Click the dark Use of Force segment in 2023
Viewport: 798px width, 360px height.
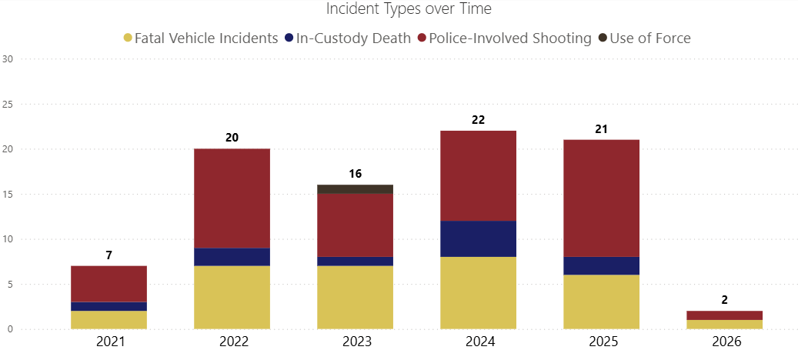click(x=355, y=189)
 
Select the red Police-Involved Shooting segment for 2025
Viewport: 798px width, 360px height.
click(x=601, y=198)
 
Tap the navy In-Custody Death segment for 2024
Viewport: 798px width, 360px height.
click(x=478, y=238)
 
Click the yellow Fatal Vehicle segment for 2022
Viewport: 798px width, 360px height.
click(x=232, y=298)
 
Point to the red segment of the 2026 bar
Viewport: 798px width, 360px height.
click(x=724, y=315)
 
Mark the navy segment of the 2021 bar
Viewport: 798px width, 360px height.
click(x=109, y=306)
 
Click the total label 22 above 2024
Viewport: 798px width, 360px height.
click(x=478, y=120)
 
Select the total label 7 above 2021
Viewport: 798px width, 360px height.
click(x=109, y=255)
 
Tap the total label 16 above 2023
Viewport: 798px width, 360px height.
click(x=355, y=174)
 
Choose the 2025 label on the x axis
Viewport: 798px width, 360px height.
click(x=601, y=342)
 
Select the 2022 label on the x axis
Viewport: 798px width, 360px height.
click(x=232, y=342)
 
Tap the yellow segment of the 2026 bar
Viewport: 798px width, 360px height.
click(x=724, y=325)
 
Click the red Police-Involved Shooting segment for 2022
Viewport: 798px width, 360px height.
click(x=232, y=198)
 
